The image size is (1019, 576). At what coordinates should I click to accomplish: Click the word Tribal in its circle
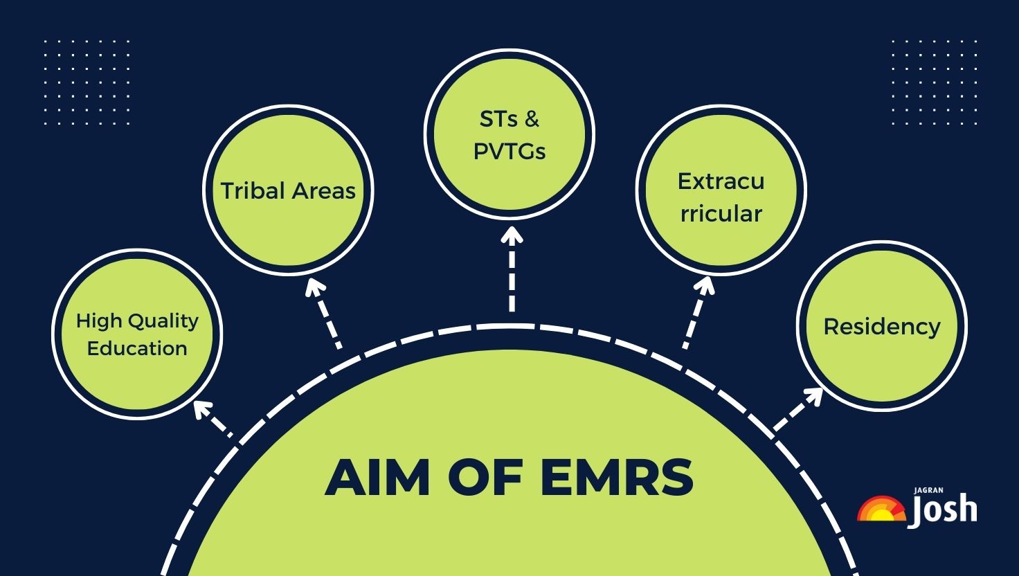point(252,190)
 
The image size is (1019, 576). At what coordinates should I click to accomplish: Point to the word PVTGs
point(509,152)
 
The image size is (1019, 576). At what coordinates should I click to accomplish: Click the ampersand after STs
point(532,119)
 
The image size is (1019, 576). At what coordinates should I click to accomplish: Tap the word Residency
point(881,327)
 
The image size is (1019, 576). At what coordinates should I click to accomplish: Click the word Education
point(137,348)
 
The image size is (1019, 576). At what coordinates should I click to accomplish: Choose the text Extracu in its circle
point(721,181)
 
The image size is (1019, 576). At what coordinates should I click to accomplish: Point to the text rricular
point(721,213)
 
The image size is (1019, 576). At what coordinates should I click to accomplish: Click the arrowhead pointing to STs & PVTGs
point(512,235)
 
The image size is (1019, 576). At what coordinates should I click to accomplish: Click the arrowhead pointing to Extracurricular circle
point(705,285)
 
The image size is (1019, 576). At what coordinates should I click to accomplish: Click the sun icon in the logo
point(881,510)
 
